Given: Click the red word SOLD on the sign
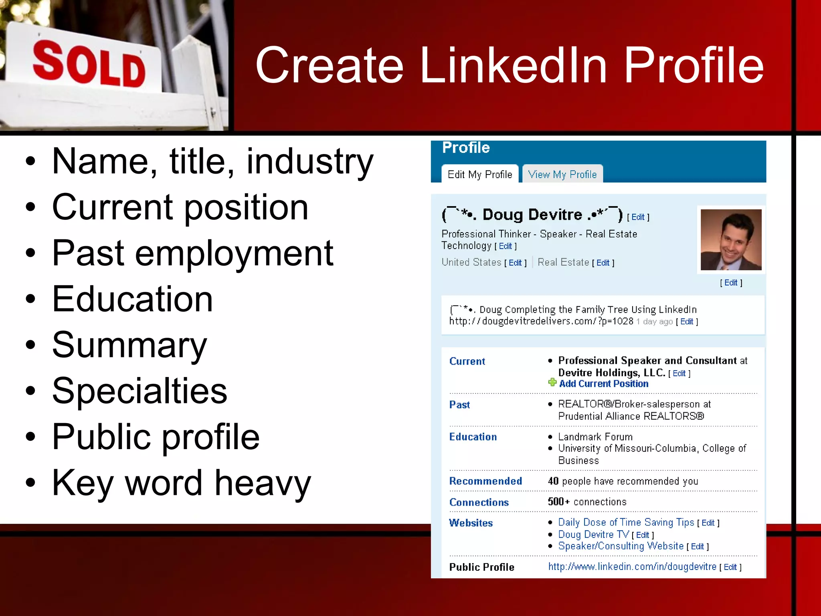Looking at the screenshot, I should (89, 64).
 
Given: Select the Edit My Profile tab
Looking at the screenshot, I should (480, 174).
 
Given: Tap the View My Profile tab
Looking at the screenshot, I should (562, 174).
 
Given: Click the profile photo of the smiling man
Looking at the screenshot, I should (731, 239).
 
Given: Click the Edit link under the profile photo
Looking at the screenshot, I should (731, 283).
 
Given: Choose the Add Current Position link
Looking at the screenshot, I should (604, 384).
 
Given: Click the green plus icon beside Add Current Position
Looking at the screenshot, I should (552, 382).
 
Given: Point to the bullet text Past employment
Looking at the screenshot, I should (192, 253).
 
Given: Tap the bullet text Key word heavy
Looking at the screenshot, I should (181, 483).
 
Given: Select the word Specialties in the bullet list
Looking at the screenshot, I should (140, 391).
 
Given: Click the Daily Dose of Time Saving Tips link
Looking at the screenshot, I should (626, 522).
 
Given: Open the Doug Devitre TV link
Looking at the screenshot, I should (593, 535).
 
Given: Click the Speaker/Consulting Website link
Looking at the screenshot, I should (621, 546).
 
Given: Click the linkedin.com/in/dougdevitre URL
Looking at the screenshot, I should (632, 567).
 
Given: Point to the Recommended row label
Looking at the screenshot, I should (485, 481).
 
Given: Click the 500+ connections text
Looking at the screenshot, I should (587, 502).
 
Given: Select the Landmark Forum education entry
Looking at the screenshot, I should (595, 437).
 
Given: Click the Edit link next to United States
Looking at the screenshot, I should (515, 263).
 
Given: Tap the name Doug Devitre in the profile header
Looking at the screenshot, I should (532, 215).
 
